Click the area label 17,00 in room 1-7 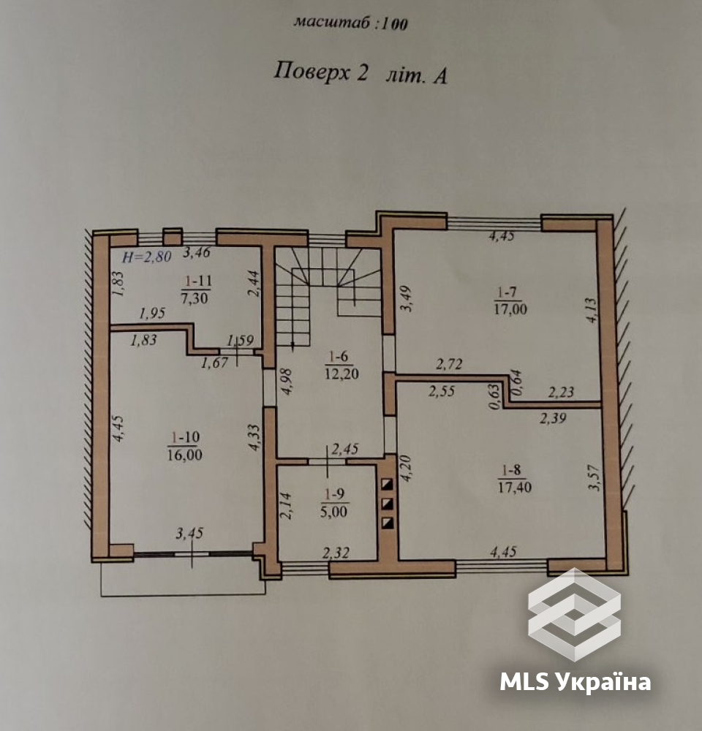pyautogui.click(x=510, y=308)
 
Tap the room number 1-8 pyautogui.click(x=512, y=470)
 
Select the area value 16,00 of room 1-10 pyautogui.click(x=185, y=454)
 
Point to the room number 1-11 pyautogui.click(x=198, y=281)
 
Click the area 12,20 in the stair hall pyautogui.click(x=342, y=374)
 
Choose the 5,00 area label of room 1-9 pyautogui.click(x=333, y=512)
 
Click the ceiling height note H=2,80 pyautogui.click(x=147, y=257)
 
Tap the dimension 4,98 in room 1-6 pyautogui.click(x=285, y=382)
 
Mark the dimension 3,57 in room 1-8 pyautogui.click(x=594, y=478)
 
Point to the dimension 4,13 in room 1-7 pyautogui.click(x=591, y=311)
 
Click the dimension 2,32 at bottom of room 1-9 pyautogui.click(x=336, y=553)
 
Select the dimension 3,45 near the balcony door pyautogui.click(x=189, y=533)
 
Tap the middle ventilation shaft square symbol pyautogui.click(x=388, y=504)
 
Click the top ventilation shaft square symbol pyautogui.click(x=388, y=485)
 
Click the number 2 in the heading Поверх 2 pyautogui.click(x=362, y=73)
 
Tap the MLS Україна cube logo pyautogui.click(x=574, y=614)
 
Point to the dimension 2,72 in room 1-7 pyautogui.click(x=449, y=363)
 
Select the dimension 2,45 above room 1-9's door pyautogui.click(x=345, y=449)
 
